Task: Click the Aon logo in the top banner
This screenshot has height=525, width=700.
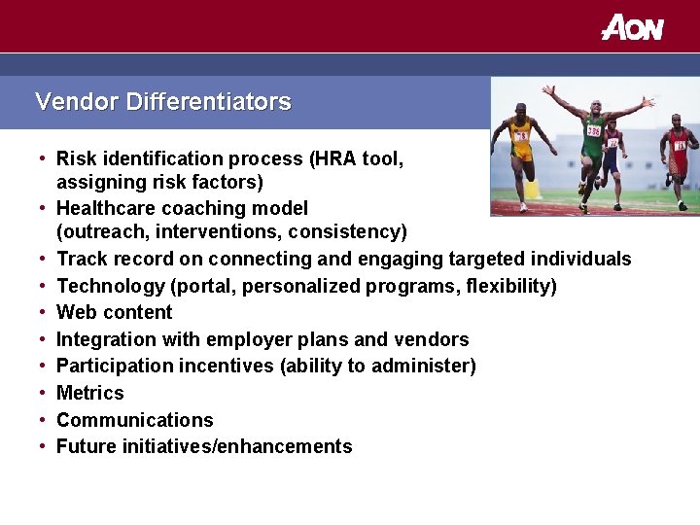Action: [632, 27]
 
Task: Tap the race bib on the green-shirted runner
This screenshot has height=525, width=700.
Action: [593, 129]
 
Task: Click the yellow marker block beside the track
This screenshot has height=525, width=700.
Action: [533, 189]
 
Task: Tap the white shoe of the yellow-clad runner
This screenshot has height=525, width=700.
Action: [523, 206]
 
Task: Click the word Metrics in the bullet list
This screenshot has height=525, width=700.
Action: [90, 393]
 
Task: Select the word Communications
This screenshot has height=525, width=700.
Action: [134, 420]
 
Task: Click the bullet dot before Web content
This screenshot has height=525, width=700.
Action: [44, 312]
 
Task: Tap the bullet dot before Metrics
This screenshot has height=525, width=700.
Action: [44, 393]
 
